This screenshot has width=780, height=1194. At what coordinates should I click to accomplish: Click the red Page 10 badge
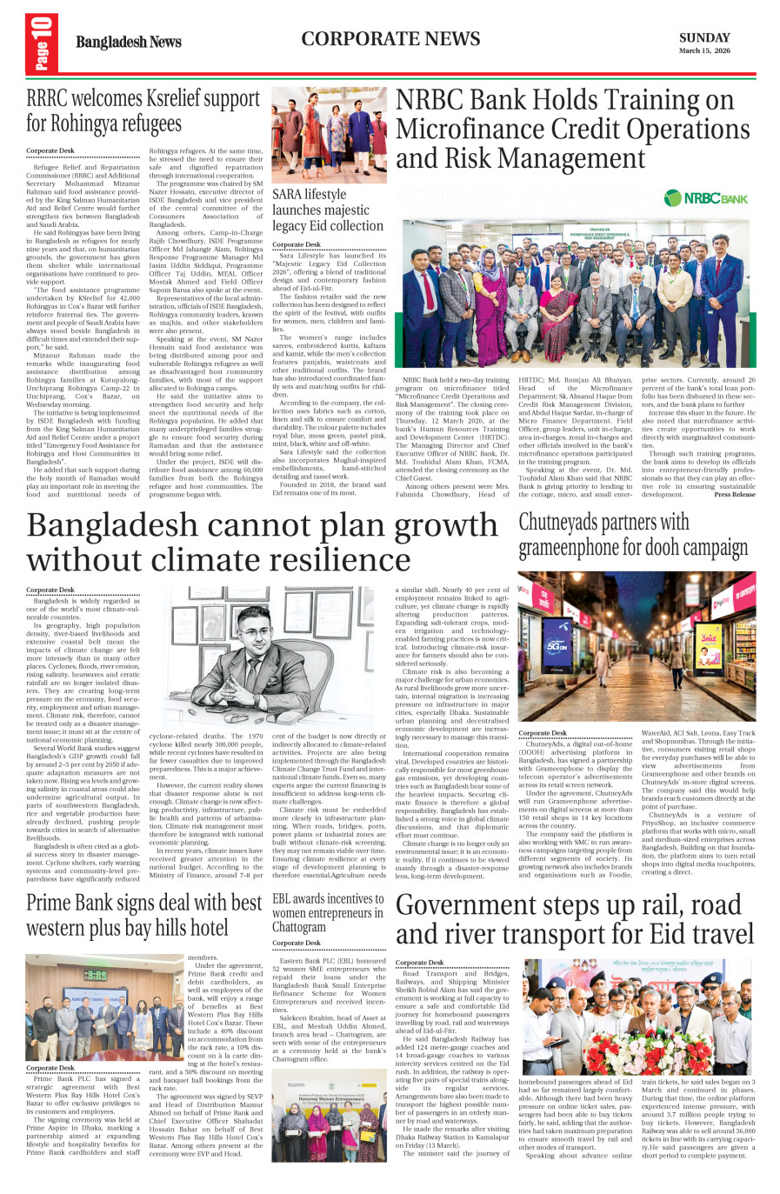coord(42,43)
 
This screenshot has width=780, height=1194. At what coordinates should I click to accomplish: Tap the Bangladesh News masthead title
coord(128,42)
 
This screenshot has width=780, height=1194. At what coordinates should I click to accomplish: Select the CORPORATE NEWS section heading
coord(390,39)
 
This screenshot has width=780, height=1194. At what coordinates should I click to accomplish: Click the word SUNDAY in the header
coord(704,37)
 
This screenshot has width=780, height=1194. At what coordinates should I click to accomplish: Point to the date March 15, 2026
coord(704,51)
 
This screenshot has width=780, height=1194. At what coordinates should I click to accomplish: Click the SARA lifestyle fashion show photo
coord(329,135)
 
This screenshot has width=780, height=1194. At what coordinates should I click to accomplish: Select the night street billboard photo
coord(637,646)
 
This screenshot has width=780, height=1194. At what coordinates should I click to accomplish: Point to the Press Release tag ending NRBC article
coord(735,494)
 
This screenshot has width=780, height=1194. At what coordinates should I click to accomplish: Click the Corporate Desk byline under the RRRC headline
coord(50,150)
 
